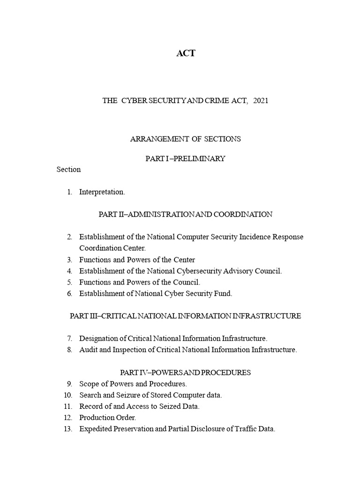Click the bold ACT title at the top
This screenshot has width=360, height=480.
pyautogui.click(x=186, y=53)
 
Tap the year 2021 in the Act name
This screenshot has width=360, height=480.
pyautogui.click(x=261, y=101)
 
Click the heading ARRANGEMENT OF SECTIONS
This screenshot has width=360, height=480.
pyautogui.click(x=185, y=139)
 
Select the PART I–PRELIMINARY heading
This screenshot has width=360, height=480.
pyautogui.click(x=185, y=158)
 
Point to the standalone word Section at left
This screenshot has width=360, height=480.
pyautogui.click(x=68, y=169)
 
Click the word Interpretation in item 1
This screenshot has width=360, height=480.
pyautogui.click(x=102, y=192)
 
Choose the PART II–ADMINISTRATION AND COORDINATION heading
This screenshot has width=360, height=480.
pyautogui.click(x=185, y=214)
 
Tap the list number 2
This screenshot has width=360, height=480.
pyautogui.click(x=69, y=237)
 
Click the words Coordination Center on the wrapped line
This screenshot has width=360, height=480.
pyautogui.click(x=112, y=248)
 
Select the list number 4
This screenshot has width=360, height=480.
pyautogui.click(x=69, y=271)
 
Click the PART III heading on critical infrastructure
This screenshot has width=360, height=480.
pyautogui.click(x=185, y=316)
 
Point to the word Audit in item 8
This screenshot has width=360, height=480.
pyautogui.click(x=88, y=350)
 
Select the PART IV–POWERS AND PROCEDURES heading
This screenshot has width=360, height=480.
pyautogui.click(x=185, y=372)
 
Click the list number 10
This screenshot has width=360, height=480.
pyautogui.click(x=67, y=395)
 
